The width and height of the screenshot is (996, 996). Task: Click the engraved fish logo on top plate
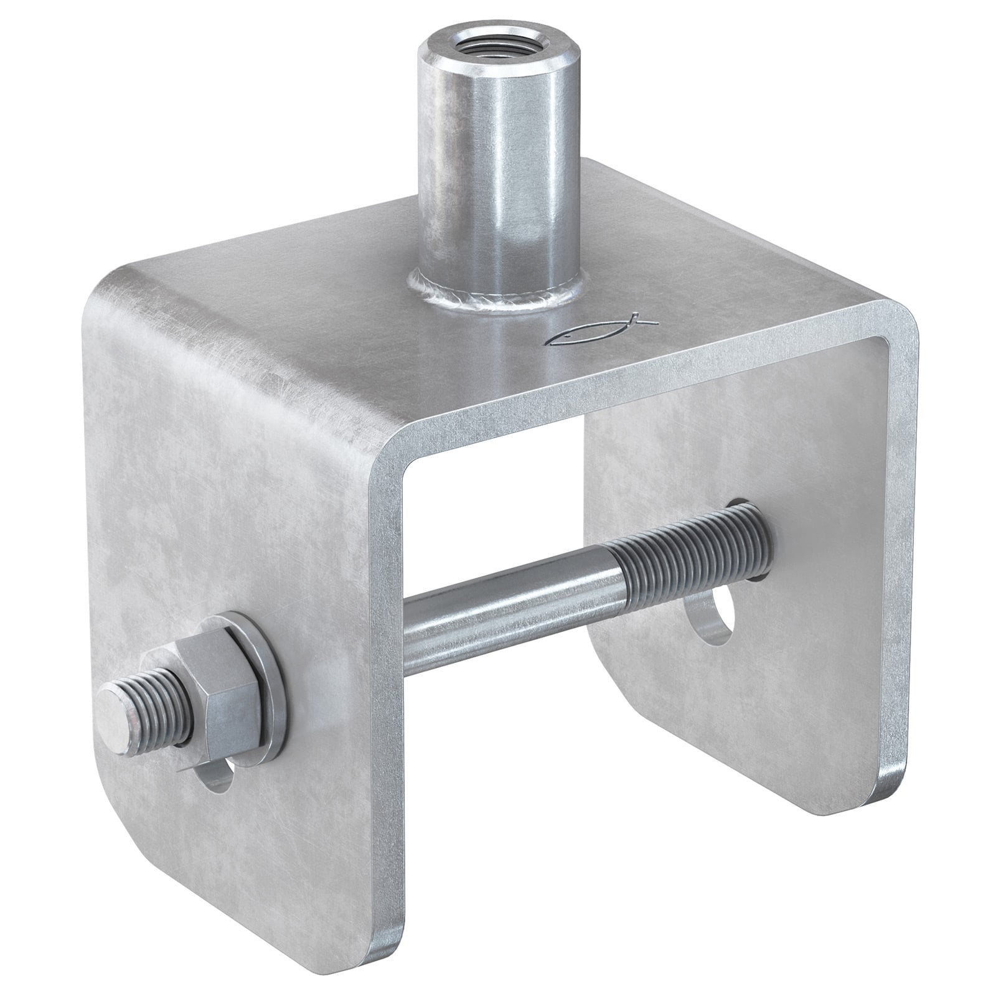[601, 331]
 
